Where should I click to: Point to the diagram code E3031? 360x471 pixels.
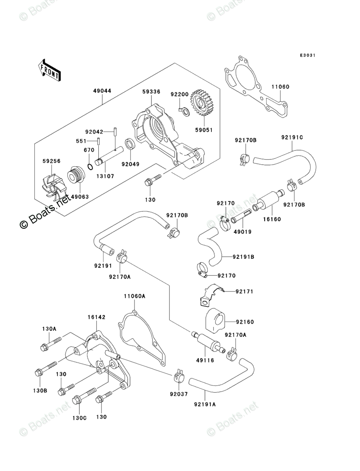point(307,55)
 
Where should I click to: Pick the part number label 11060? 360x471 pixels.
point(280,87)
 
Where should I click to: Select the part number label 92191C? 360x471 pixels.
point(292,137)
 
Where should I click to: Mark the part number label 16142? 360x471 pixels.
point(97,318)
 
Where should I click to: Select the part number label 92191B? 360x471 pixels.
point(244,256)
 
